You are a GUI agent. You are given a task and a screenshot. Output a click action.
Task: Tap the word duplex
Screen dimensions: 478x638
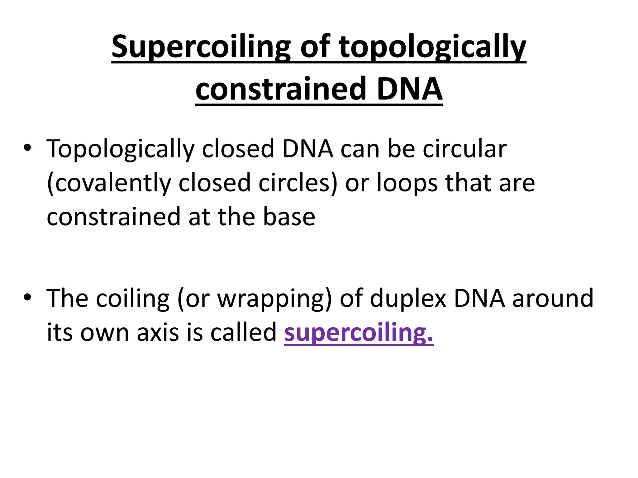408,299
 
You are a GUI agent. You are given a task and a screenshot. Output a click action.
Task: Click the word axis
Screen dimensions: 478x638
159,332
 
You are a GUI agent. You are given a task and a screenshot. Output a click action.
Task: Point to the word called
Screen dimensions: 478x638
243,332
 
